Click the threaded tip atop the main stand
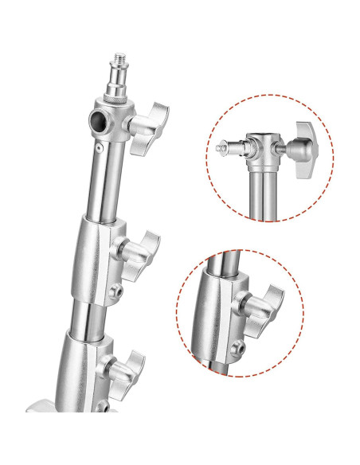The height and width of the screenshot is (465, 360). point(115,61)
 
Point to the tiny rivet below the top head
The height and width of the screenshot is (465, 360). point(98,147)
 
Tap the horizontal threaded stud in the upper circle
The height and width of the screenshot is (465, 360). point(231,147)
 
